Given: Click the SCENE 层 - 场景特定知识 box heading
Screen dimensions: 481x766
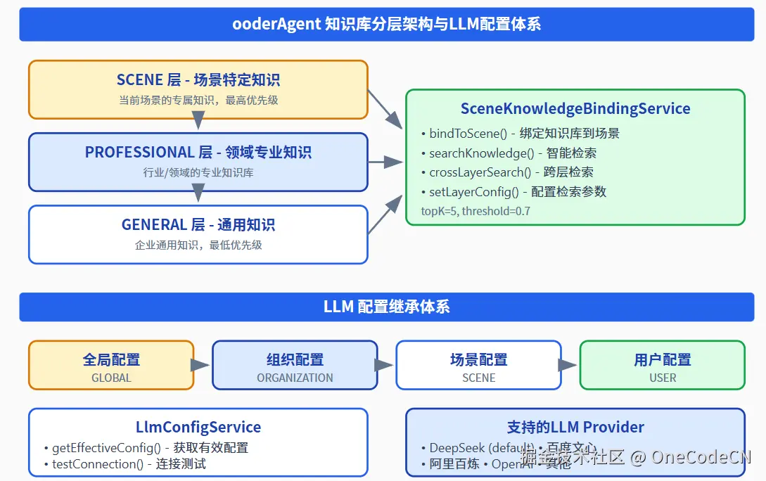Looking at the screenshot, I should tap(198, 80).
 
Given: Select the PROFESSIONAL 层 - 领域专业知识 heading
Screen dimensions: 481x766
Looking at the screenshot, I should tap(198, 153).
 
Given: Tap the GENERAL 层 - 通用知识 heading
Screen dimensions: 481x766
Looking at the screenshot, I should tap(198, 225).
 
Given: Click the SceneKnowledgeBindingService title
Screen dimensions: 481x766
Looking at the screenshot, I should tap(575, 109).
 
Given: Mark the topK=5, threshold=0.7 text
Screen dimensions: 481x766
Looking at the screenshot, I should tap(475, 210).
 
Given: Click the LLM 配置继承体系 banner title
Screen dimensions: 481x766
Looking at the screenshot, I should tap(386, 307).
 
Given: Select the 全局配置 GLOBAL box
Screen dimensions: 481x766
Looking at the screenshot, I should tap(111, 366).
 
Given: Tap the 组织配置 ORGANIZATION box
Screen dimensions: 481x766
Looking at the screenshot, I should tap(295, 366).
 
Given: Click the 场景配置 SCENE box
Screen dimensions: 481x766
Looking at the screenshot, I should tap(478, 366).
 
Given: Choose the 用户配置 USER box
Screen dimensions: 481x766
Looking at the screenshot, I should tap(662, 366).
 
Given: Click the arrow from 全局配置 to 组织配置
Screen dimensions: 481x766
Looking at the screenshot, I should tap(201, 365).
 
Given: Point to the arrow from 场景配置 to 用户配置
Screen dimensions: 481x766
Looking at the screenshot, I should tap(568, 365).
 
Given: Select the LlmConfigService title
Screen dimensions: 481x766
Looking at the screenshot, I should tap(198, 427).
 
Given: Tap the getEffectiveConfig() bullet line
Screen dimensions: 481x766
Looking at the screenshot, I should tap(146, 447).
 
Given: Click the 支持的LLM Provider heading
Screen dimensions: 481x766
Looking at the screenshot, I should tap(575, 427).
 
